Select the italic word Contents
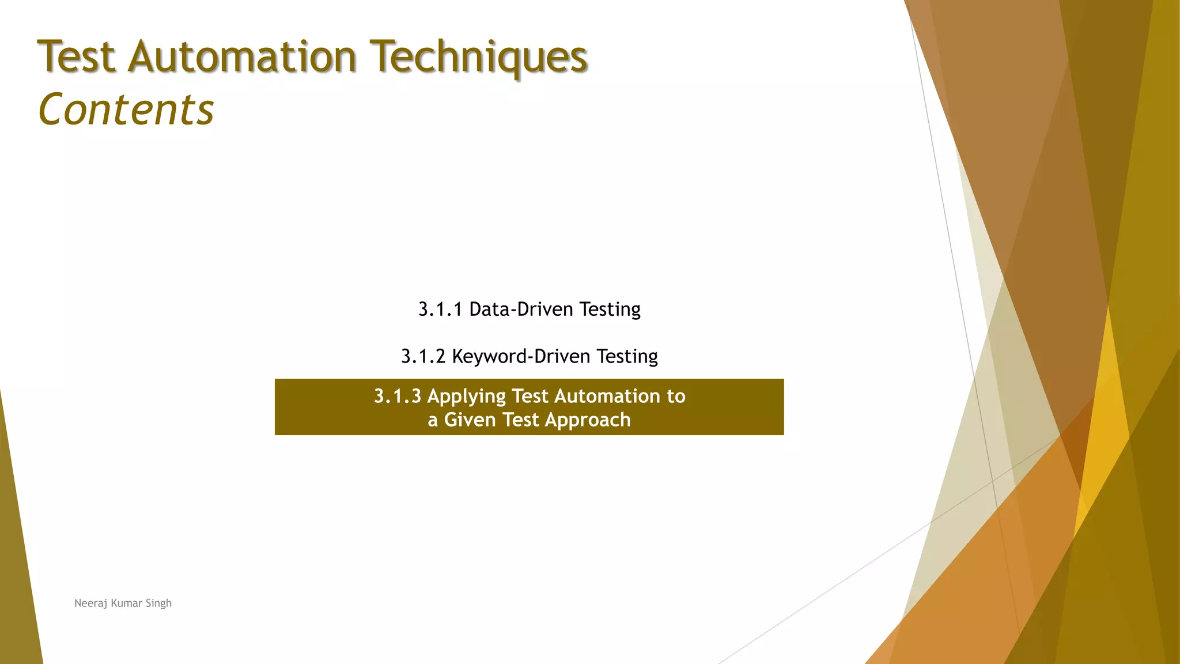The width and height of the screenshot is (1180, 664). (x=126, y=110)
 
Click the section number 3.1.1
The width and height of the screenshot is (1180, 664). (x=440, y=310)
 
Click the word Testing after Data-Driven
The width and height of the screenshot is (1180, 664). (x=610, y=310)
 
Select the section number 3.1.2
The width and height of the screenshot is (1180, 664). (x=423, y=357)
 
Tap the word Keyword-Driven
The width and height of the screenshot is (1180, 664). (x=521, y=357)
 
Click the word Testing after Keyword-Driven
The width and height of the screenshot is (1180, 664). (x=627, y=357)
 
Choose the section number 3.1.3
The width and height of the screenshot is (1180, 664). (x=398, y=397)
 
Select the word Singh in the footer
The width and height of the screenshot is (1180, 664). (x=158, y=603)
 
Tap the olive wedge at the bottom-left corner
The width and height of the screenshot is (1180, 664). (x=17, y=576)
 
